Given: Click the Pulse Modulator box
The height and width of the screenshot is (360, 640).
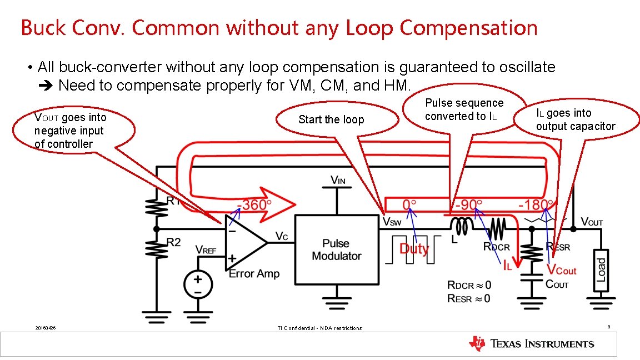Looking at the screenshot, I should (336, 250).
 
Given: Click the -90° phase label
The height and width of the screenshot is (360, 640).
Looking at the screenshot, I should (469, 205).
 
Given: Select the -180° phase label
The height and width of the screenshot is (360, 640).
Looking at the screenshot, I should (536, 205).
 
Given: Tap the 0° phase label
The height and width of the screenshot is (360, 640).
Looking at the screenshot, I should (409, 205).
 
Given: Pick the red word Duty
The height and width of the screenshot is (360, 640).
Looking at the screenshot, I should (414, 248).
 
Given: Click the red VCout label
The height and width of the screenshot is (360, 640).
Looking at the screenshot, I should (562, 271).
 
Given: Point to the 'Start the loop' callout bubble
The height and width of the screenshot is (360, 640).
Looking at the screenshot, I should (331, 119).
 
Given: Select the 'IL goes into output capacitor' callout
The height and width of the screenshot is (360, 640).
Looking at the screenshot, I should (576, 120).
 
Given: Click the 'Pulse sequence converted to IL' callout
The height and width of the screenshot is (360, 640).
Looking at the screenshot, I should (464, 109).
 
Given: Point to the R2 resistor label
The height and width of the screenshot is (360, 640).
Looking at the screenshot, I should (174, 242).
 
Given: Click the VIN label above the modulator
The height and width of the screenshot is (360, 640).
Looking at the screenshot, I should (337, 180).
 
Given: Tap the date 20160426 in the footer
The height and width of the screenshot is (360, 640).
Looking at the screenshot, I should (45, 328).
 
